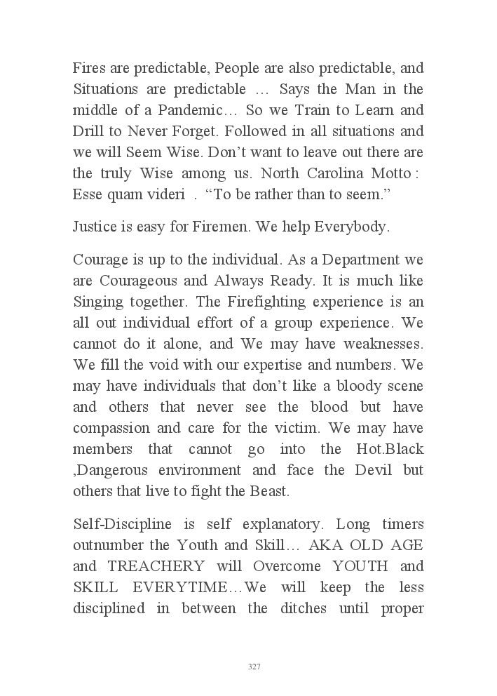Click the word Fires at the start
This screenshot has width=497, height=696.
pos(89,69)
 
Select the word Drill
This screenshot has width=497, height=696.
pos(88,132)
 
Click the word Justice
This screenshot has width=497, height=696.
pos(97,227)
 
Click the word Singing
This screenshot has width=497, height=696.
pos(98,302)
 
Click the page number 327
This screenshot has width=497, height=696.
pos(254,667)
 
